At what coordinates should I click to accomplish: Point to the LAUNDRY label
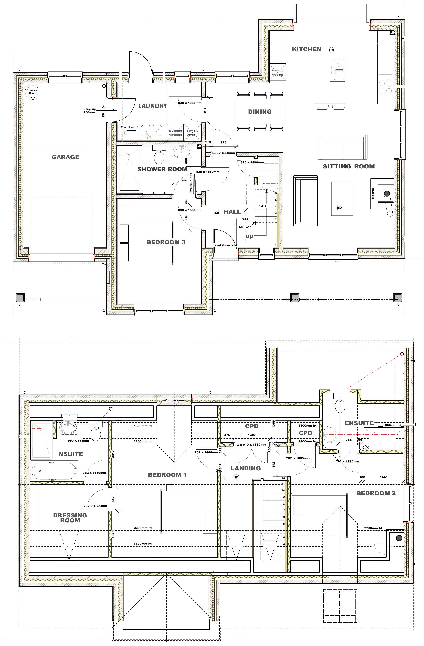coord(152,104)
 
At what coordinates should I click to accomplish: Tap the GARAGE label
coord(67,157)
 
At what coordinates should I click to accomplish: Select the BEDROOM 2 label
coord(375,494)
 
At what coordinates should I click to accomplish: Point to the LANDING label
coord(246,467)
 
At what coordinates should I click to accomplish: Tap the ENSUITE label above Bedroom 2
coord(360,424)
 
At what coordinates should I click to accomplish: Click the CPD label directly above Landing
coord(251,425)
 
